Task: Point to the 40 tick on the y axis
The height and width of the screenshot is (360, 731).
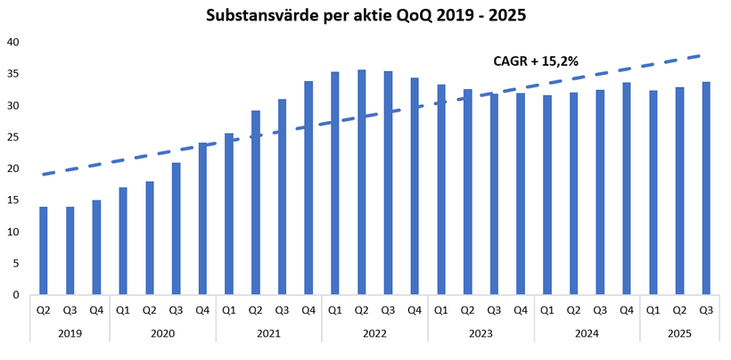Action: click(x=12, y=42)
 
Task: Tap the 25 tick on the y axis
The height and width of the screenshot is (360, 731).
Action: click(x=12, y=137)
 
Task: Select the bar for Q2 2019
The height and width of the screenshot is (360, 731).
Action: click(x=44, y=250)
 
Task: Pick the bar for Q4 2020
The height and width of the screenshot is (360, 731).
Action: click(x=202, y=218)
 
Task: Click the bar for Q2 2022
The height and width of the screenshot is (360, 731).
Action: click(x=362, y=182)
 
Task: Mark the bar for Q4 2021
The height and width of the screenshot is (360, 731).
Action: click(x=308, y=187)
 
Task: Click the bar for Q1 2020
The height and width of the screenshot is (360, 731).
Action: click(x=123, y=241)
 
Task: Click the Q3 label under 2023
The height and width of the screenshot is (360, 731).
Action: click(x=494, y=310)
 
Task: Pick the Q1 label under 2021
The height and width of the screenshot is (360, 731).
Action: click(x=229, y=310)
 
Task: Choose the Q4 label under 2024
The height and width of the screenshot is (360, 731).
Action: click(x=627, y=310)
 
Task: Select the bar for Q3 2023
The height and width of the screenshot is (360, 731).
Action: click(x=494, y=193)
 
